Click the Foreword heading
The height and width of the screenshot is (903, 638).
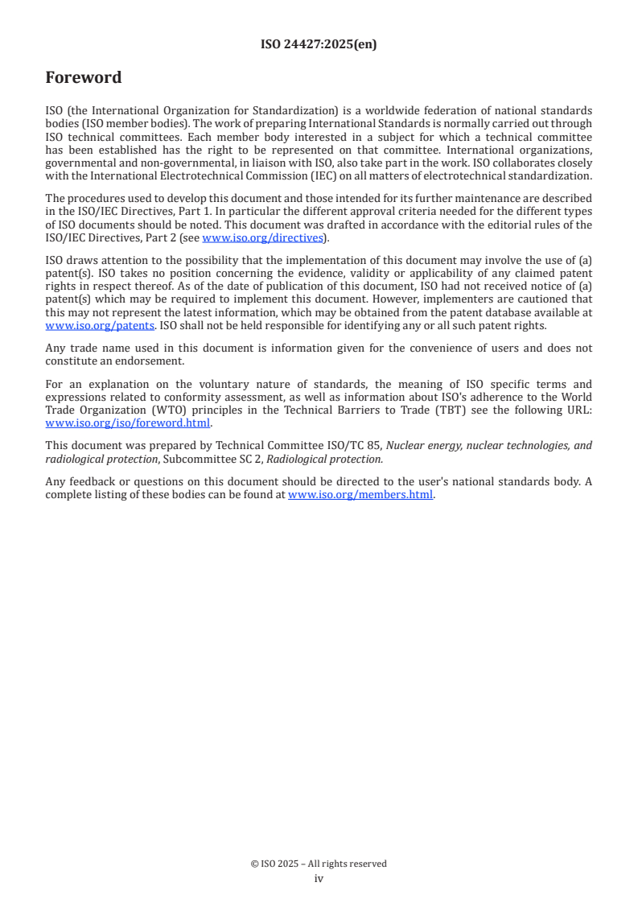84,78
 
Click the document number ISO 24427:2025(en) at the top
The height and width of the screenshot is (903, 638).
319,45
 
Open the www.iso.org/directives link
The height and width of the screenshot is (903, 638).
262,237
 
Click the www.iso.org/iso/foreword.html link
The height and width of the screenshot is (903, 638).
128,423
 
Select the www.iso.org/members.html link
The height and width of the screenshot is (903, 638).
360,495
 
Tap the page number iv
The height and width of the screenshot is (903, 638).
319,879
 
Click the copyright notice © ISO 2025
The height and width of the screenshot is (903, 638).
319,864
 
